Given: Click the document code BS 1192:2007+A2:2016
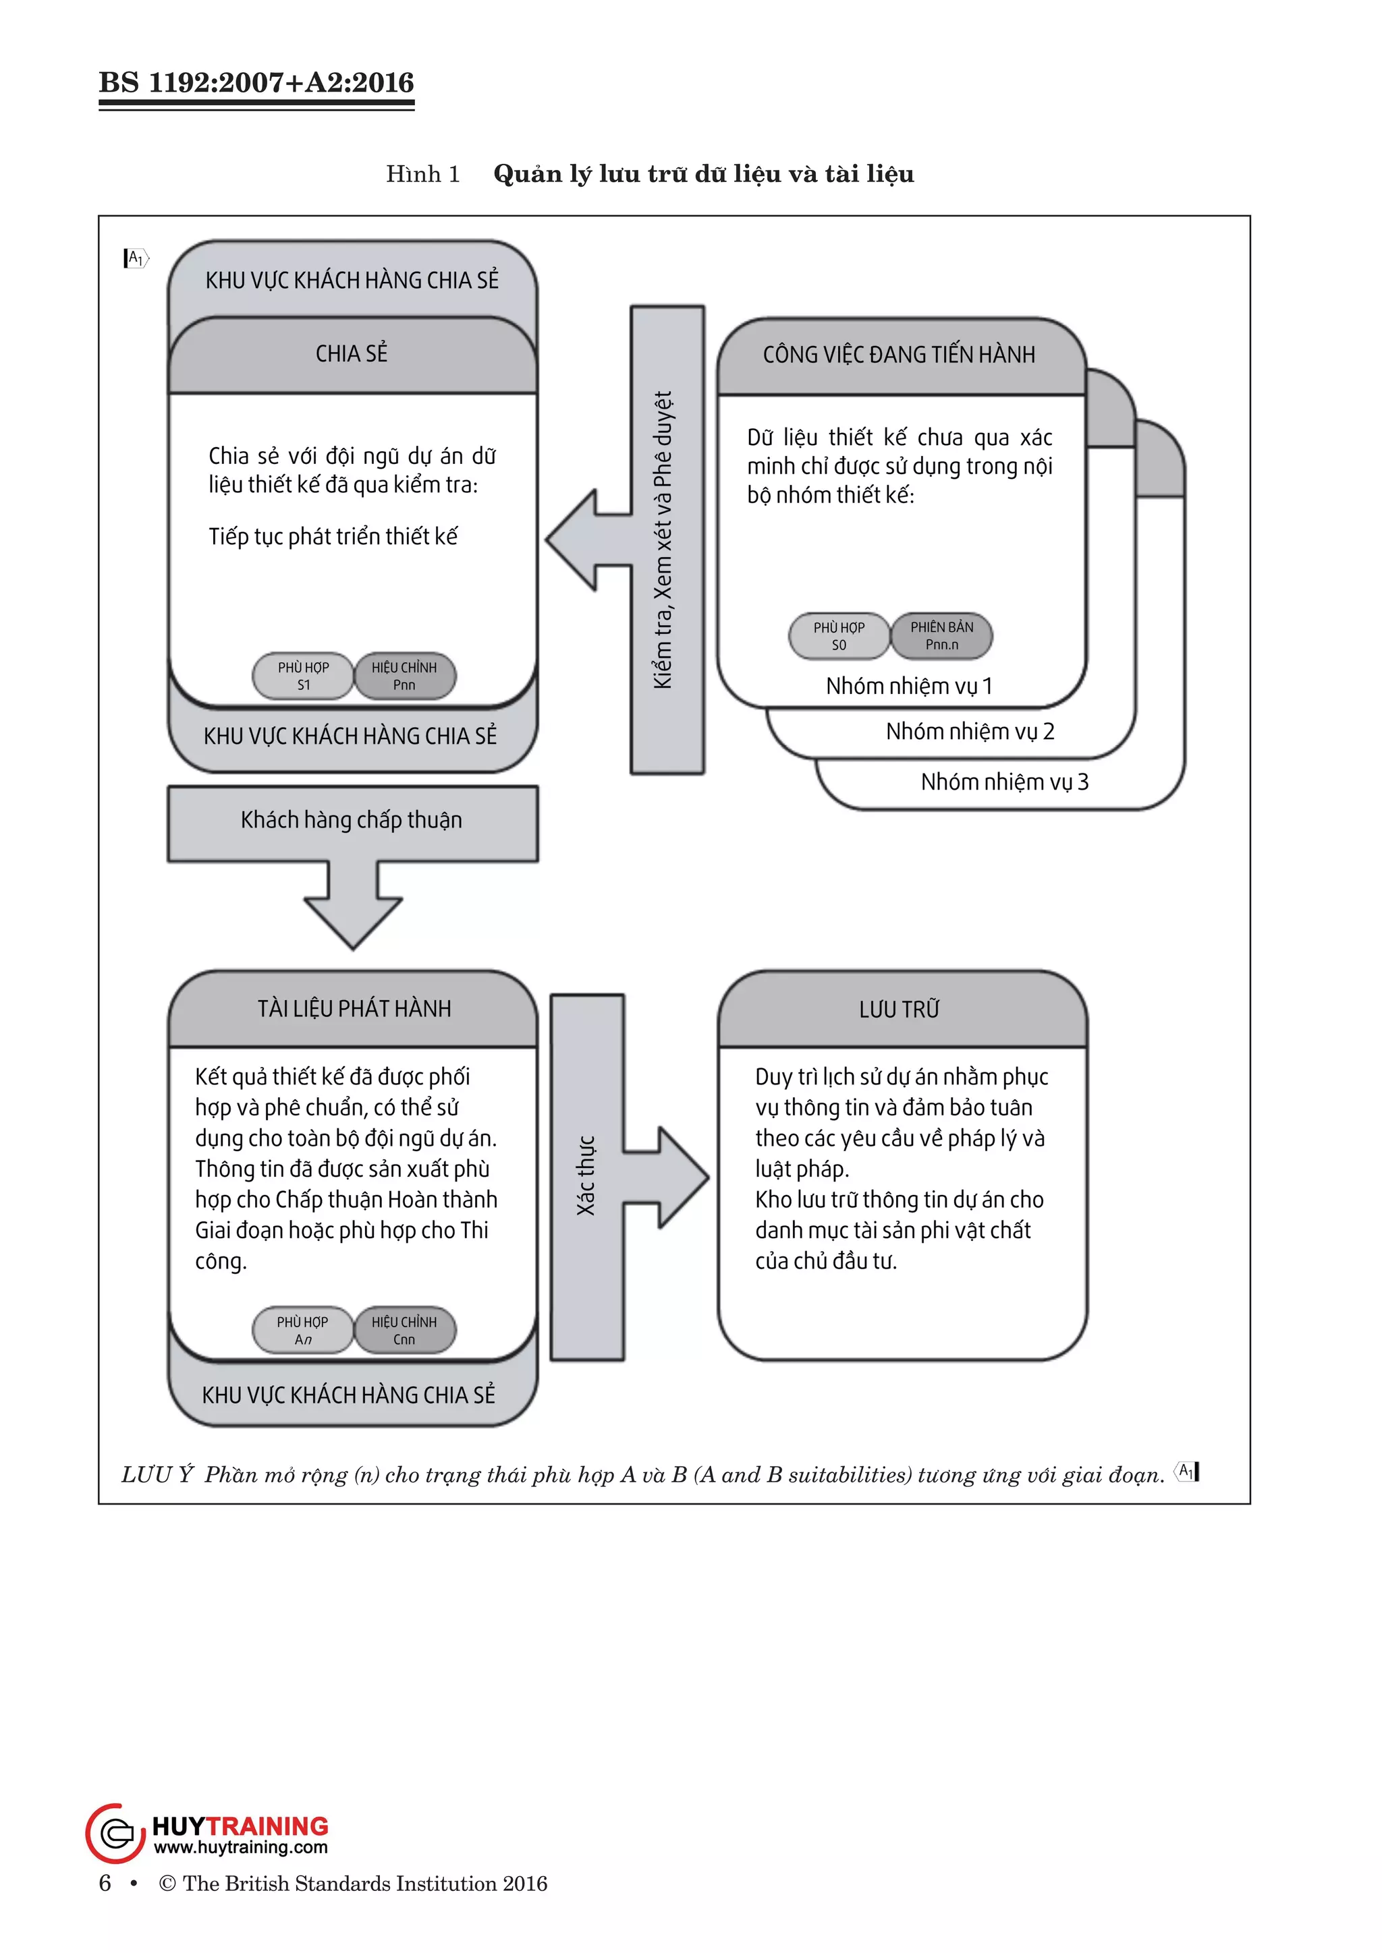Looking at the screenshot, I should (256, 82).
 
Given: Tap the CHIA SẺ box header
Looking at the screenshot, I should (352, 353).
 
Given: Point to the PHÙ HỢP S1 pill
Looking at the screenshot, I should (303, 676).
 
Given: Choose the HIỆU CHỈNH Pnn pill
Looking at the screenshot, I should (404, 676).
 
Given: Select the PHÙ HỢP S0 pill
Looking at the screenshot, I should (839, 636).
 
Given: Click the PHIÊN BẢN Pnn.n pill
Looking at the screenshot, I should (941, 636).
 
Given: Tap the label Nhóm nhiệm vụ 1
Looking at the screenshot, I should (909, 687).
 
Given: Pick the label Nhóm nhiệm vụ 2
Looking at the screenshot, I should (970, 732).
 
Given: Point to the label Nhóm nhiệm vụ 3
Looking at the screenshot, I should (1004, 782).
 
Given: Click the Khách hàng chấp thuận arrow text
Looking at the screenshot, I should (352, 820).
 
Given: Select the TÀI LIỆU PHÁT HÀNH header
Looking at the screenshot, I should (354, 1009).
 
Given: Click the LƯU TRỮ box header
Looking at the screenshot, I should (900, 1010).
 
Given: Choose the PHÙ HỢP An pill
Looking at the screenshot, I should (302, 1331).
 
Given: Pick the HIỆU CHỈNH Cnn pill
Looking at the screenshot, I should (404, 1331).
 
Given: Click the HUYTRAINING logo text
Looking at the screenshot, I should (240, 1827).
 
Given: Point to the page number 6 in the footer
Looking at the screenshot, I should (105, 1884).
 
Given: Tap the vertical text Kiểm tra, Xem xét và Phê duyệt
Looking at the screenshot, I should (664, 540).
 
